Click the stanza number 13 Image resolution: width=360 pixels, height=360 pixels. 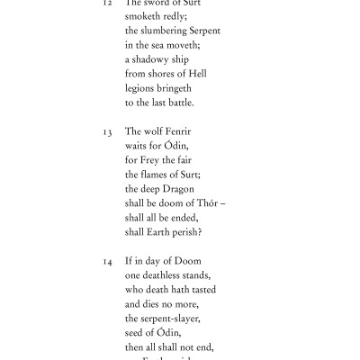(107, 131)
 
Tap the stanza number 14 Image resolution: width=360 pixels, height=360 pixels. (107, 261)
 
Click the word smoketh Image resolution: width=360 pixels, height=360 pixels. (144, 16)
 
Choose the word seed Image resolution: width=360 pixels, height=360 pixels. (136, 333)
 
